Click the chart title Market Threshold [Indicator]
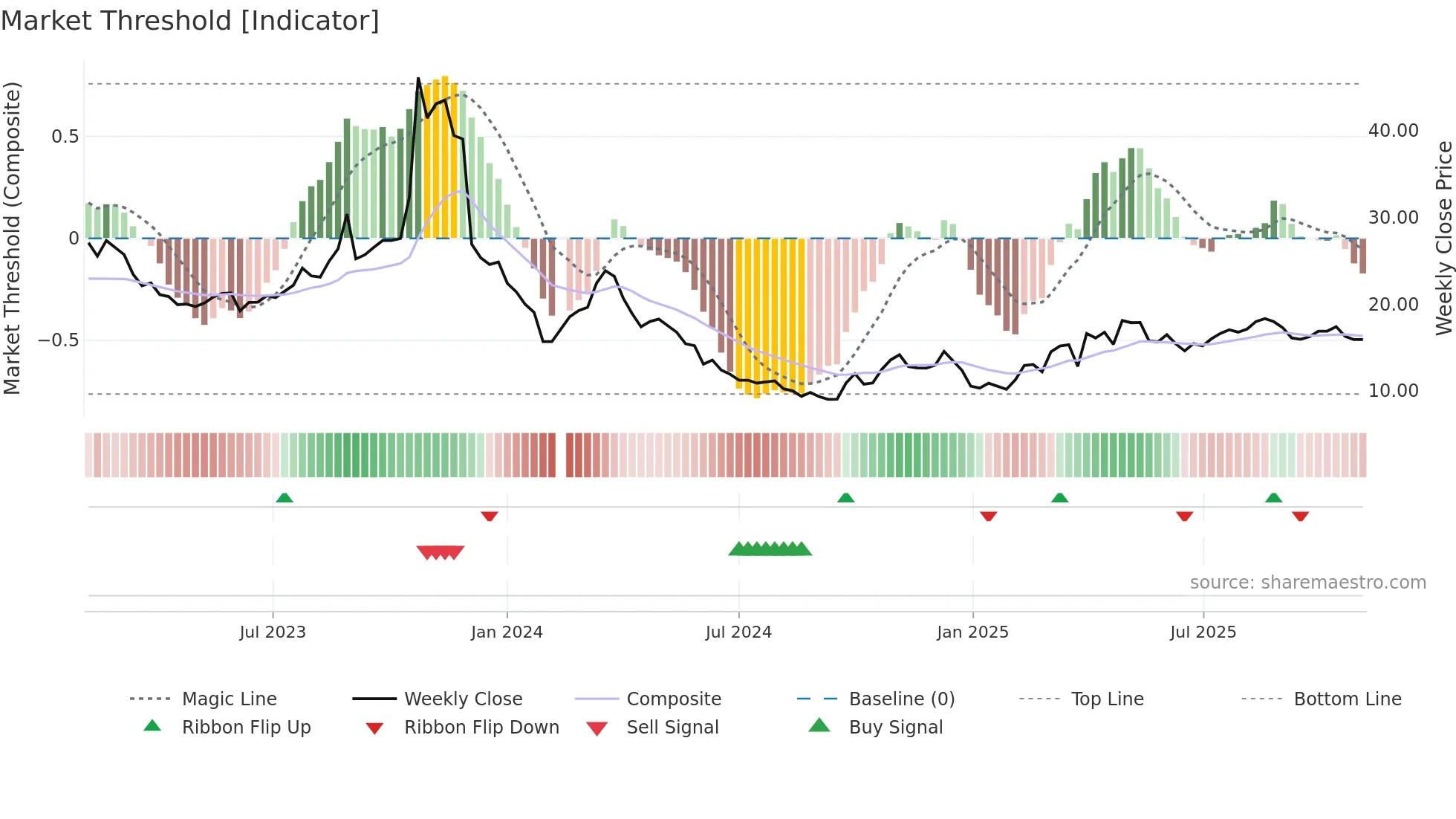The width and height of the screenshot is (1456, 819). pos(190,21)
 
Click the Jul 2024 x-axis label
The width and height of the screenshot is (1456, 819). pos(738,632)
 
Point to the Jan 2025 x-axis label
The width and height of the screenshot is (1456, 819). pos(972,632)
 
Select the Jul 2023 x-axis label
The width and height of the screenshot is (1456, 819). pos(273,632)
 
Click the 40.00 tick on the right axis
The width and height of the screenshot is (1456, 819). pos(1393,131)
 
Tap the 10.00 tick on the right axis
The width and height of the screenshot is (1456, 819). pos(1393,391)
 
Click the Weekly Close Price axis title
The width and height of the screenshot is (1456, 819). pos(1443,238)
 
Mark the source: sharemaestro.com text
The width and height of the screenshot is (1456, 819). pos(1307,583)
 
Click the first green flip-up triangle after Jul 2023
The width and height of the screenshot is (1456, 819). pos(285,498)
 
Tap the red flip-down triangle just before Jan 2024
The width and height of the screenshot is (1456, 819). pos(490,516)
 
